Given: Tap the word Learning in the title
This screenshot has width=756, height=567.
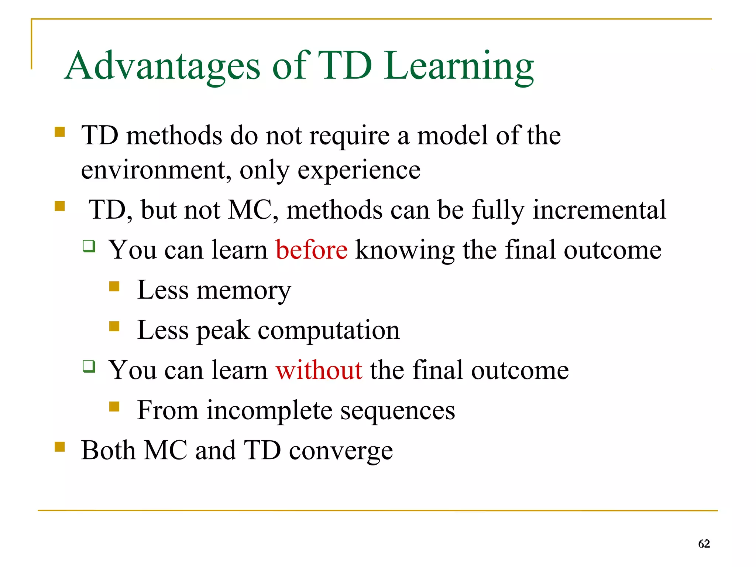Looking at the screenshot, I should click(x=458, y=66).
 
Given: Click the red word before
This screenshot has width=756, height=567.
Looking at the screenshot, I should click(x=312, y=250).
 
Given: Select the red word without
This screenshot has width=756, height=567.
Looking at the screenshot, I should click(x=319, y=370).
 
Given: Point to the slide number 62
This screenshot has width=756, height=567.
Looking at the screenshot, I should click(x=704, y=544).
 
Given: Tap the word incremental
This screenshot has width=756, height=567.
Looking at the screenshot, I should click(x=599, y=210).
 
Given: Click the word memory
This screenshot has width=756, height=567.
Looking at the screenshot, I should click(x=244, y=291).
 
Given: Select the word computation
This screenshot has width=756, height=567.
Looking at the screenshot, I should click(x=329, y=330).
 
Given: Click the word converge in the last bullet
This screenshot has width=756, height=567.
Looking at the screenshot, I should click(x=341, y=451).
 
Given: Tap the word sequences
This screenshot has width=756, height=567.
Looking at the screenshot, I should click(x=397, y=410).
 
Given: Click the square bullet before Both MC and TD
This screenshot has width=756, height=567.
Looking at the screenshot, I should click(x=59, y=447).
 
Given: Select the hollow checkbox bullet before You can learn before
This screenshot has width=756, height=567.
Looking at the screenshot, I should click(x=89, y=246).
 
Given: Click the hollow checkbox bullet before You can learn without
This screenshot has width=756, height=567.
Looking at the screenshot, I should click(x=89, y=366).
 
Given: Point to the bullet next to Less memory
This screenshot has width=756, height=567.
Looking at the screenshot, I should click(x=114, y=287).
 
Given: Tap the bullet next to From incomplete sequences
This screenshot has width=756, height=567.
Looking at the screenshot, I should click(x=114, y=407).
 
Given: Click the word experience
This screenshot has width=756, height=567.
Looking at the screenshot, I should click(x=359, y=170).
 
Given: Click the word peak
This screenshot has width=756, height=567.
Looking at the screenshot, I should click(x=223, y=331).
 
